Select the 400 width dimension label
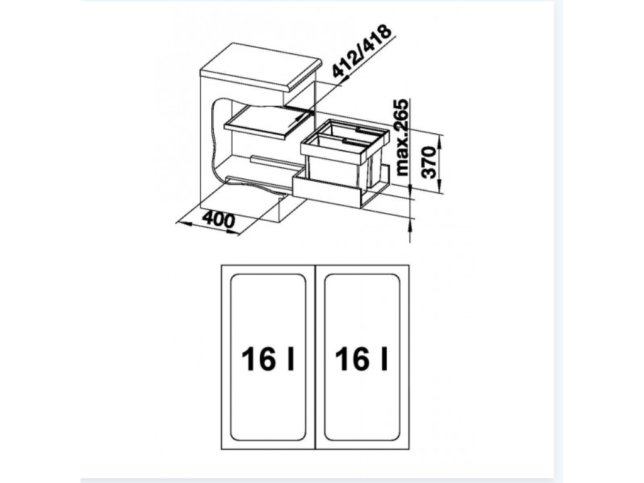click(218, 219)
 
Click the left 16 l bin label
click(268, 360)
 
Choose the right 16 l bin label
click(361, 360)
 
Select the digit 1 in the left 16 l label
click(249, 360)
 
